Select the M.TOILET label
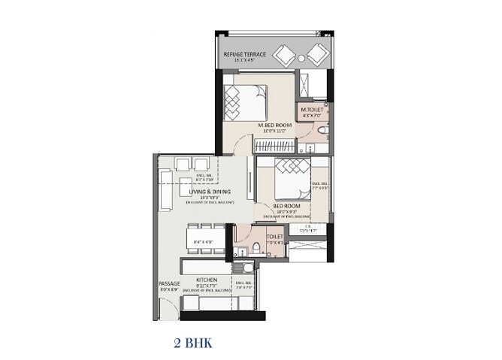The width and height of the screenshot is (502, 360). pyautogui.click(x=312, y=110)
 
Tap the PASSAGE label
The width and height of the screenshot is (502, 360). pyautogui.click(x=168, y=283)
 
